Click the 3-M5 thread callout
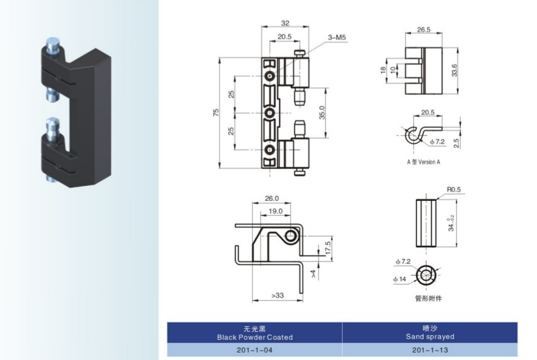click(x=337, y=39)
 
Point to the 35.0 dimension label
click(x=322, y=113)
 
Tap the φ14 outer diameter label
click(x=399, y=279)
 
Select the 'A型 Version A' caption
click(x=423, y=162)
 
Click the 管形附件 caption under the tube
click(x=428, y=298)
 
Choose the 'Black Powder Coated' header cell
click(x=255, y=333)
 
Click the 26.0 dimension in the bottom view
click(x=272, y=198)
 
